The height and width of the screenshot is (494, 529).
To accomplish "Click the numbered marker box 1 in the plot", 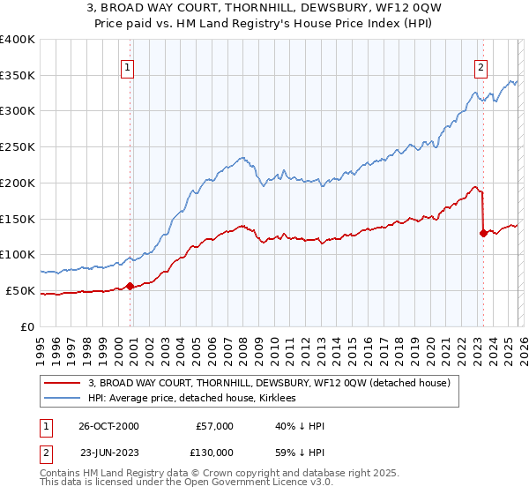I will (x=128, y=67).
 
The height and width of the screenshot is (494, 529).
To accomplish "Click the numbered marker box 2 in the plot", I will (x=481, y=67).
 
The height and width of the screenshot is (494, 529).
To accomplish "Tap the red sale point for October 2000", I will (x=130, y=285).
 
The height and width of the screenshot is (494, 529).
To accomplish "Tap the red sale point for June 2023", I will (x=482, y=233).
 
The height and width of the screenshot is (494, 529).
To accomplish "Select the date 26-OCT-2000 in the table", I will (x=109, y=426).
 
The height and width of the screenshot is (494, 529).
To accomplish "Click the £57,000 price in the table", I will (x=214, y=426).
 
